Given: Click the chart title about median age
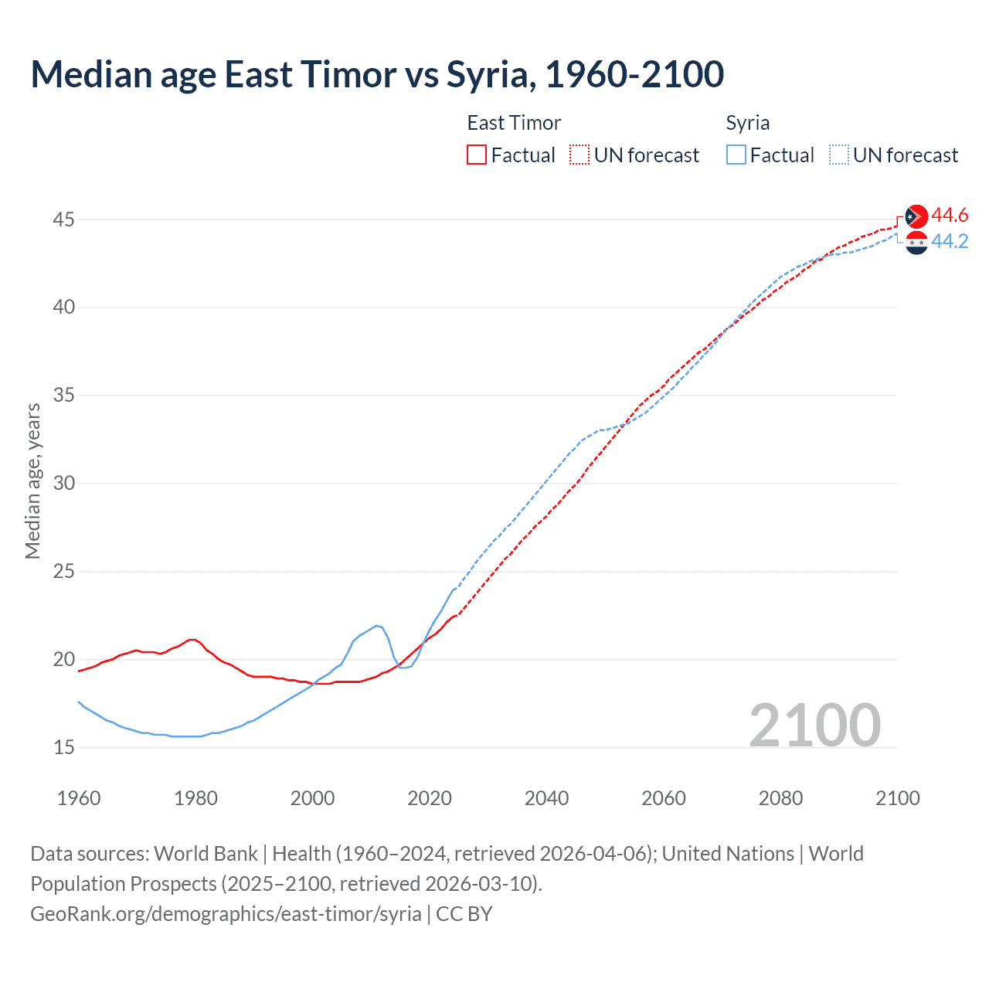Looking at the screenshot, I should [377, 74].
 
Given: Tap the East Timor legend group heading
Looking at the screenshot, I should [514, 123].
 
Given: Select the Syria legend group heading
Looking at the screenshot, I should [747, 123].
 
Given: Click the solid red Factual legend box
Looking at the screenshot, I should [477, 155].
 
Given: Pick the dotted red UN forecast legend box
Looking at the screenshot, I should [579, 155].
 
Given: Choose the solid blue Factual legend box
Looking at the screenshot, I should [736, 155].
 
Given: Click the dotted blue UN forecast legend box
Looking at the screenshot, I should [838, 155].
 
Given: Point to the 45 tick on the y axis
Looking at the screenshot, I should [63, 219].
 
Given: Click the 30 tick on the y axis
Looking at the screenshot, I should [63, 484].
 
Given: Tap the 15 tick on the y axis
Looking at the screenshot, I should [63, 747].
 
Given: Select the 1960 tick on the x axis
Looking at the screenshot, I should [79, 798].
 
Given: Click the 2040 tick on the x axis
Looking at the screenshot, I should [546, 798].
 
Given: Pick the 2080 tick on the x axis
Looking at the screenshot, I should [780, 798].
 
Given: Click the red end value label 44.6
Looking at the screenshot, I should [950, 215].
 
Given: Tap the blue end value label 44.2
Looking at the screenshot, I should [950, 242].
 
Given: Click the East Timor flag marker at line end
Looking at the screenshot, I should [916, 216].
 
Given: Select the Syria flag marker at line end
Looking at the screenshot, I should [916, 243].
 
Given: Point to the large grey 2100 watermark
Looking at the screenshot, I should [814, 725].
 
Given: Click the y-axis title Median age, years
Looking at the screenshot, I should [32, 481].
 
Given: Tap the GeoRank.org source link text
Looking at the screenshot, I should [226, 913].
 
